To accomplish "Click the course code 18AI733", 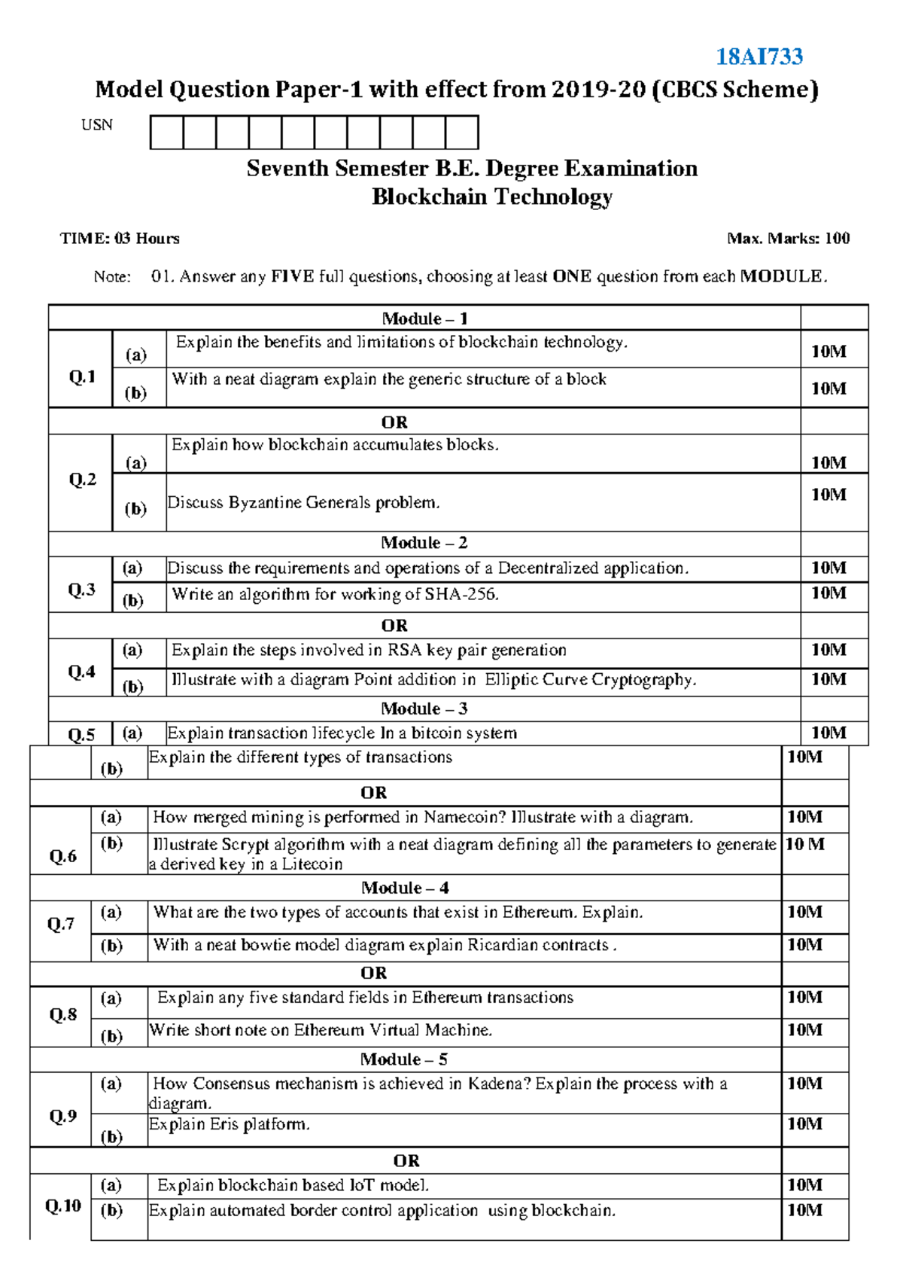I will click(x=759, y=56).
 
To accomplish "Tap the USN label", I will click(x=97, y=125).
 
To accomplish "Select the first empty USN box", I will click(x=166, y=133).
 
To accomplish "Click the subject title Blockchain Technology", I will click(x=492, y=197).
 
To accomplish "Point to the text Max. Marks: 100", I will click(x=788, y=239).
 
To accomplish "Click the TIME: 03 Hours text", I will click(x=120, y=239).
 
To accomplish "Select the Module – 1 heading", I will click(x=424, y=318).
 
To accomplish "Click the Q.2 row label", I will click(x=82, y=480).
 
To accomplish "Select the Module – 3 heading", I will click(x=424, y=709).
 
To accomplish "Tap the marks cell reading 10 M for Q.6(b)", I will click(x=805, y=845).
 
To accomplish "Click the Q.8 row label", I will click(x=63, y=1015).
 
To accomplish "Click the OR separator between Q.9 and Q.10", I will click(x=406, y=1161).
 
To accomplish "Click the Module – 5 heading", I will click(x=403, y=1059).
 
